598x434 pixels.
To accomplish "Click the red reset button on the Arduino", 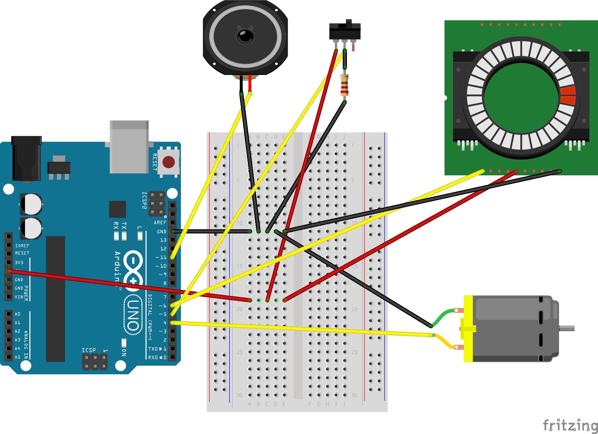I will pyautogui.click(x=168, y=162).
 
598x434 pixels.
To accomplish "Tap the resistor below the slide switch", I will pyautogui.click(x=344, y=85).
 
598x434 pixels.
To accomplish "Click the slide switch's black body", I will pyautogui.click(x=345, y=31).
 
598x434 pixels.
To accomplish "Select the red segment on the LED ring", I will pyautogui.click(x=568, y=95).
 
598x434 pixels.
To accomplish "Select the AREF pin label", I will pyautogui.click(x=160, y=223).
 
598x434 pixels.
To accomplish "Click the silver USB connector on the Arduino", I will pyautogui.click(x=129, y=147).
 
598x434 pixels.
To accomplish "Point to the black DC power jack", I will pyautogui.click(x=26, y=159).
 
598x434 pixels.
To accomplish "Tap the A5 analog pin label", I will pyautogui.click(x=18, y=357).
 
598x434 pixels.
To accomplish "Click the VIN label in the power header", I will pyautogui.click(x=19, y=297).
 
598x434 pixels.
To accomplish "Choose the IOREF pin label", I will pyautogui.click(x=22, y=246).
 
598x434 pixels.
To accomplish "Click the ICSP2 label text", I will pyautogui.click(x=144, y=200).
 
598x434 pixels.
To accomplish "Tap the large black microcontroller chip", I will pyautogui.click(x=56, y=299).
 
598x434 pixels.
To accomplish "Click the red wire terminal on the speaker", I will pyautogui.click(x=250, y=84).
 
